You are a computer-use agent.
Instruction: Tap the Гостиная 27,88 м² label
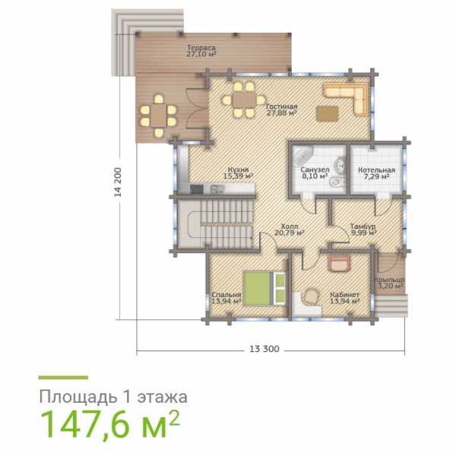tap(281, 109)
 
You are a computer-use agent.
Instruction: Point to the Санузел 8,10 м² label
tap(315, 173)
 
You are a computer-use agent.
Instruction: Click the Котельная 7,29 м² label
tap(377, 173)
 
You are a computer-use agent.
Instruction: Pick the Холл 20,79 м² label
tap(290, 230)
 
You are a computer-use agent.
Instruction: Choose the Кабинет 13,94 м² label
tap(344, 298)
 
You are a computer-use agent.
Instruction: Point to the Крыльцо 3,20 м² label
tap(389, 283)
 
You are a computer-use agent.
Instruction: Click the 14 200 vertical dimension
tap(118, 182)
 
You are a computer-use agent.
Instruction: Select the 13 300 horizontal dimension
tap(264, 349)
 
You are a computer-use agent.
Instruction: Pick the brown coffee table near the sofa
tap(328, 114)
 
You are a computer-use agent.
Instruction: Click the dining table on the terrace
tap(159, 116)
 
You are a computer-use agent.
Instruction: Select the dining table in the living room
tap(244, 100)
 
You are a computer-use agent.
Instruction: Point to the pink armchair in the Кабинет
tap(339, 263)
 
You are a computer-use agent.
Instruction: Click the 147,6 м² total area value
tap(109, 423)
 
